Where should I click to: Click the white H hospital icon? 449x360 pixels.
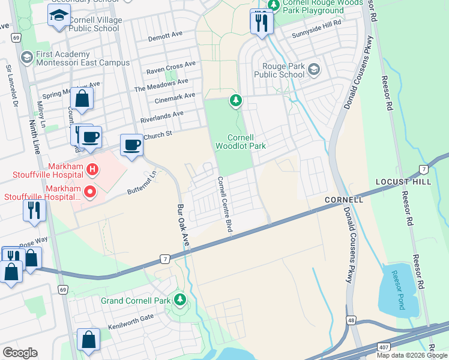[92, 169]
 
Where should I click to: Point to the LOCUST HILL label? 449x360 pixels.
[403, 181]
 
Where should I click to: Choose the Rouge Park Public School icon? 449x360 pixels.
[313, 70]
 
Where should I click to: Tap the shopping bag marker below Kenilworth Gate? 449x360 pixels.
[88, 339]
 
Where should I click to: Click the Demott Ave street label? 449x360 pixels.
[166, 36]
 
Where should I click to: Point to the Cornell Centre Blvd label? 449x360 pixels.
[224, 204]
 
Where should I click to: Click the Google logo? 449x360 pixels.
[20, 353]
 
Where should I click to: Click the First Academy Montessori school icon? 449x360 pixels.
[26, 58]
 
